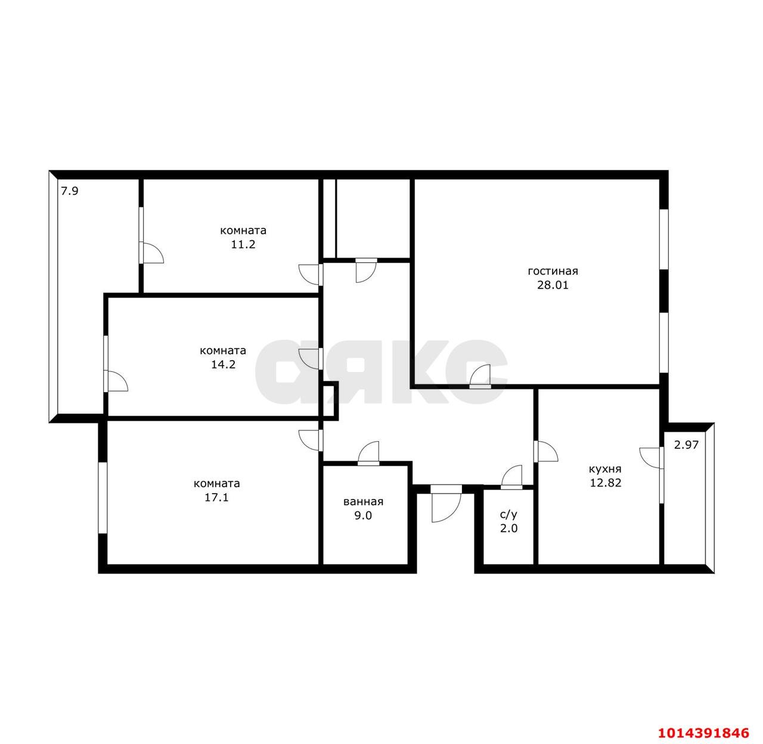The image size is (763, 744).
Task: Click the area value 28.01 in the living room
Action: [x=552, y=285]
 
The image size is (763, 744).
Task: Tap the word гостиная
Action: [x=553, y=271]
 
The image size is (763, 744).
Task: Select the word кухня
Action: [x=605, y=469]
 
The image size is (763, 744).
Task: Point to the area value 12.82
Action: [x=606, y=483]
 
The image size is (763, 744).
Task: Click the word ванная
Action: [x=363, y=501]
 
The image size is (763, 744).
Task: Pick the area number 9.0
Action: [x=363, y=515]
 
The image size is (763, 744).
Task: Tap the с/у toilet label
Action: [x=508, y=514]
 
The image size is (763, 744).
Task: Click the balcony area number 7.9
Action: [x=69, y=191]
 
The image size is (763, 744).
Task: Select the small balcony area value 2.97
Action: [x=686, y=445]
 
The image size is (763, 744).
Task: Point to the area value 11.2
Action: [x=243, y=244]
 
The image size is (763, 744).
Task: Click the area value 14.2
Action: [x=223, y=364]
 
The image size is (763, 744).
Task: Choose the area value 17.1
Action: [x=216, y=497]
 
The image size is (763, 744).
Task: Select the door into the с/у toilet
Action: [x=511, y=477]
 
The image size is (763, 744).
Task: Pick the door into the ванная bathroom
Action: [x=368, y=454]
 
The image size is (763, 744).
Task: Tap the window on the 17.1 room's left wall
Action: [x=103, y=498]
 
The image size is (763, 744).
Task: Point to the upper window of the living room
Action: [x=663, y=239]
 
